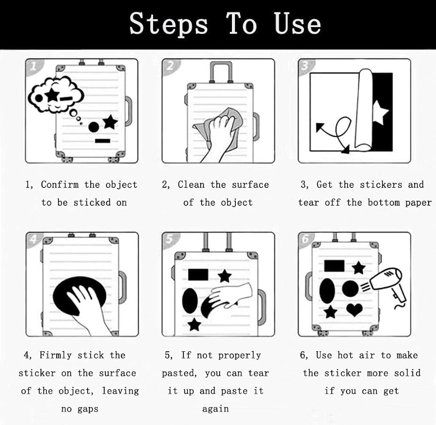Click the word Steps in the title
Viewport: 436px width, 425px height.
[x=169, y=24]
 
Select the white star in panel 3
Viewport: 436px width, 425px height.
[x=380, y=112]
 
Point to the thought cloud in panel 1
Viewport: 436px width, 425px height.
[x=56, y=94]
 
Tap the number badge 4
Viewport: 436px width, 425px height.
[x=33, y=239]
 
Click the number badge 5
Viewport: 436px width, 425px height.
[x=169, y=239]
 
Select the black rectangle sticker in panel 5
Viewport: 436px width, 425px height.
[x=198, y=274]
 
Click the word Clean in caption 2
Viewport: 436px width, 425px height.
[x=191, y=184]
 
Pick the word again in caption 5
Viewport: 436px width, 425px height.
[x=215, y=409]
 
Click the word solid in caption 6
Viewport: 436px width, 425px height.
[x=407, y=373]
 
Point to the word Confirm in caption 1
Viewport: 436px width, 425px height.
[x=60, y=184]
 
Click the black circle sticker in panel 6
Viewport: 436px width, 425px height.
[x=350, y=289]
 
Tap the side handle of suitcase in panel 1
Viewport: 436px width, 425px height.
[x=128, y=111]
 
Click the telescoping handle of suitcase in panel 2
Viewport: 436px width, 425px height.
[x=221, y=72]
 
